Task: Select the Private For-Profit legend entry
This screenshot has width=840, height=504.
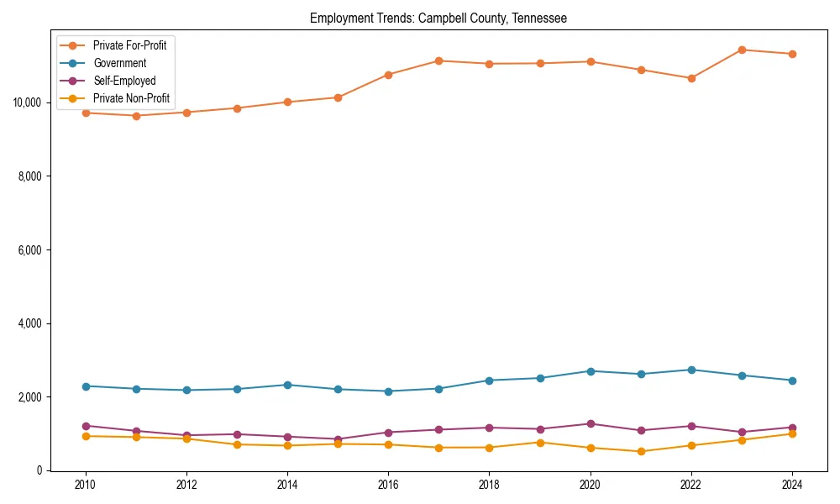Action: coord(129,45)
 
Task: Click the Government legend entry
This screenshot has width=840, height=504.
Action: coord(119,63)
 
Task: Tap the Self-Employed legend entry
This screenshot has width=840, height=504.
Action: coord(124,81)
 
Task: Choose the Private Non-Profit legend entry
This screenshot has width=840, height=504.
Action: coord(131,98)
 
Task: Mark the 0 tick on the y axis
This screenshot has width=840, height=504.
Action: coord(39,470)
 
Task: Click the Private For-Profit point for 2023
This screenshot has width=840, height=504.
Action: coord(742,50)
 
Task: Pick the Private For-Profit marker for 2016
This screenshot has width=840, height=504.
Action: coord(388,75)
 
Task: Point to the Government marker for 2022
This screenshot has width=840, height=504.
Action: coord(691,370)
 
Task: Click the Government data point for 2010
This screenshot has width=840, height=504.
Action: coord(84,386)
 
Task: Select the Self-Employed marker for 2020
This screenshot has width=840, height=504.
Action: coord(591,423)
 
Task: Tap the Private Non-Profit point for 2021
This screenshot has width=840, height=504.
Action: coord(641,451)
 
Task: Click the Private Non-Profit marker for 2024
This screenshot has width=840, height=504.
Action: coord(792,433)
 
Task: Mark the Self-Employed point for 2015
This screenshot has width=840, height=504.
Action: coord(338,439)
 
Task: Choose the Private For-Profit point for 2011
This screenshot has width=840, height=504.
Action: coord(136,116)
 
